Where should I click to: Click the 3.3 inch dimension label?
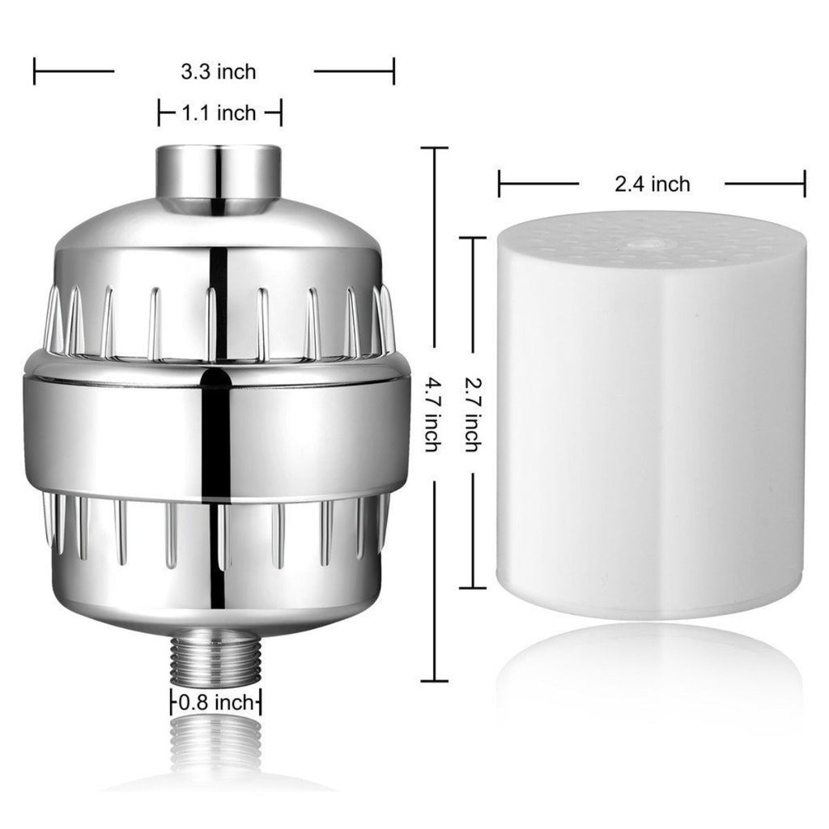pos(219,72)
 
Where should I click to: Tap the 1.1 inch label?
pos(219,113)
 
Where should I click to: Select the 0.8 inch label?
pos(216,703)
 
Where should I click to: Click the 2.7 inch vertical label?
pos(472,414)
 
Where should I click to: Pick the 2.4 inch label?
pos(653,184)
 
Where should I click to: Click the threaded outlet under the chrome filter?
pos(216,656)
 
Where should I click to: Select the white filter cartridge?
pos(652,415)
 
